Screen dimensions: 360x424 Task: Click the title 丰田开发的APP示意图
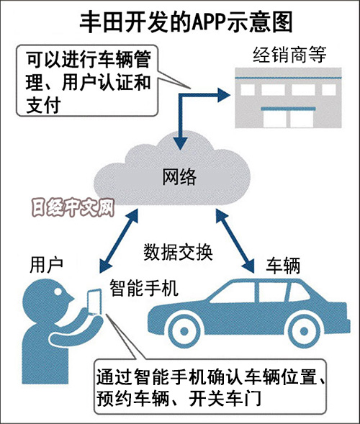coord(186,22)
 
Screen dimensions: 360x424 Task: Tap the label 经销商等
coord(289,55)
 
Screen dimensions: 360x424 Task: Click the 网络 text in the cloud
coord(179,177)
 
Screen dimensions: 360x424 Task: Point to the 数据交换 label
coord(178,252)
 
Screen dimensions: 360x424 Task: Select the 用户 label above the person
coord(46,265)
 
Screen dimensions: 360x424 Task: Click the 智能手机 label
coord(143,288)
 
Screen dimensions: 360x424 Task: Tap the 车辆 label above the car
coord(283,266)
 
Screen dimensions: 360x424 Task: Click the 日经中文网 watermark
coord(73,208)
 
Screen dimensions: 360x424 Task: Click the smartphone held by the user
coord(94,302)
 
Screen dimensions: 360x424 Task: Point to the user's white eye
coord(58,292)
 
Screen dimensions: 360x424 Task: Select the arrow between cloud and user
coord(119,240)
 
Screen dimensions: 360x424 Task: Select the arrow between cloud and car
coord(235,240)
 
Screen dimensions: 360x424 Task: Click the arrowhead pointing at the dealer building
coord(224,95)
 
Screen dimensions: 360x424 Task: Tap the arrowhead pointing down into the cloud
coord(180,143)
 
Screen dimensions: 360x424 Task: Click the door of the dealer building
coord(288,118)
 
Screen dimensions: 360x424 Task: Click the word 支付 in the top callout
coord(43,105)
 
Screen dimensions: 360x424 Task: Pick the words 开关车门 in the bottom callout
coord(225,398)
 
